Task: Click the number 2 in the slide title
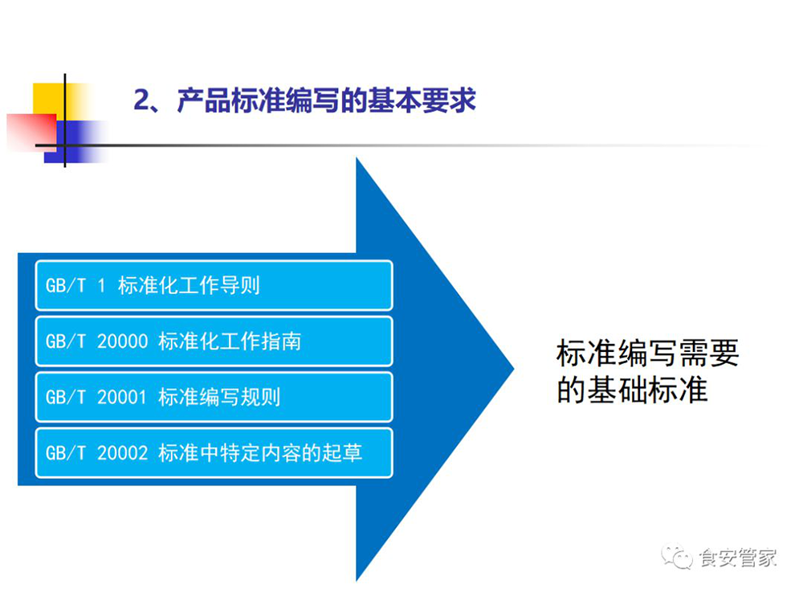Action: (142, 100)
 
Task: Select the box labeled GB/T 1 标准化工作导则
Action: (214, 285)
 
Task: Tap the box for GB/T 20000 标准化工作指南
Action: (214, 341)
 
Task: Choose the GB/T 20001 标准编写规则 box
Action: (214, 397)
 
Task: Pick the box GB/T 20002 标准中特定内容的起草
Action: (214, 453)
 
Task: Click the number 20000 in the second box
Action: (122, 341)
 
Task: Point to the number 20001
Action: (122, 397)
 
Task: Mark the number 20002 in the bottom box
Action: (122, 453)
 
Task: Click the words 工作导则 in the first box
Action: (220, 285)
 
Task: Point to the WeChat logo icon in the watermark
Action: (676, 557)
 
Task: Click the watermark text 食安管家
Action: (738, 558)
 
